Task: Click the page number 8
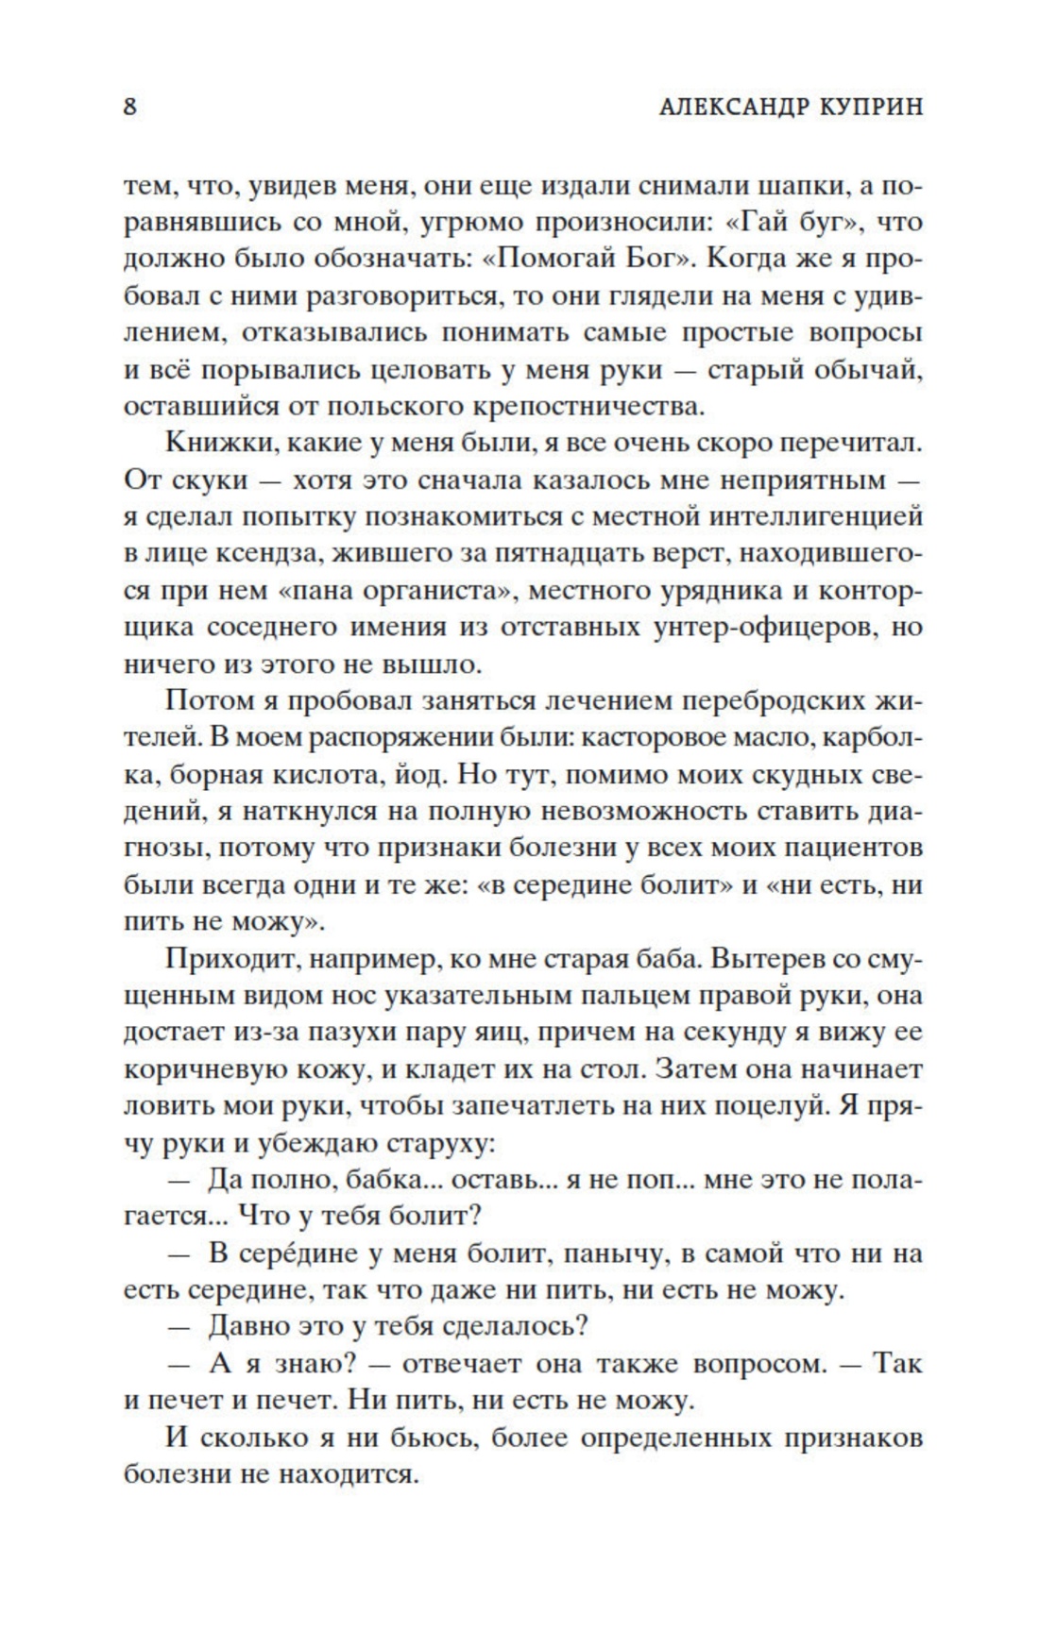click(130, 106)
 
